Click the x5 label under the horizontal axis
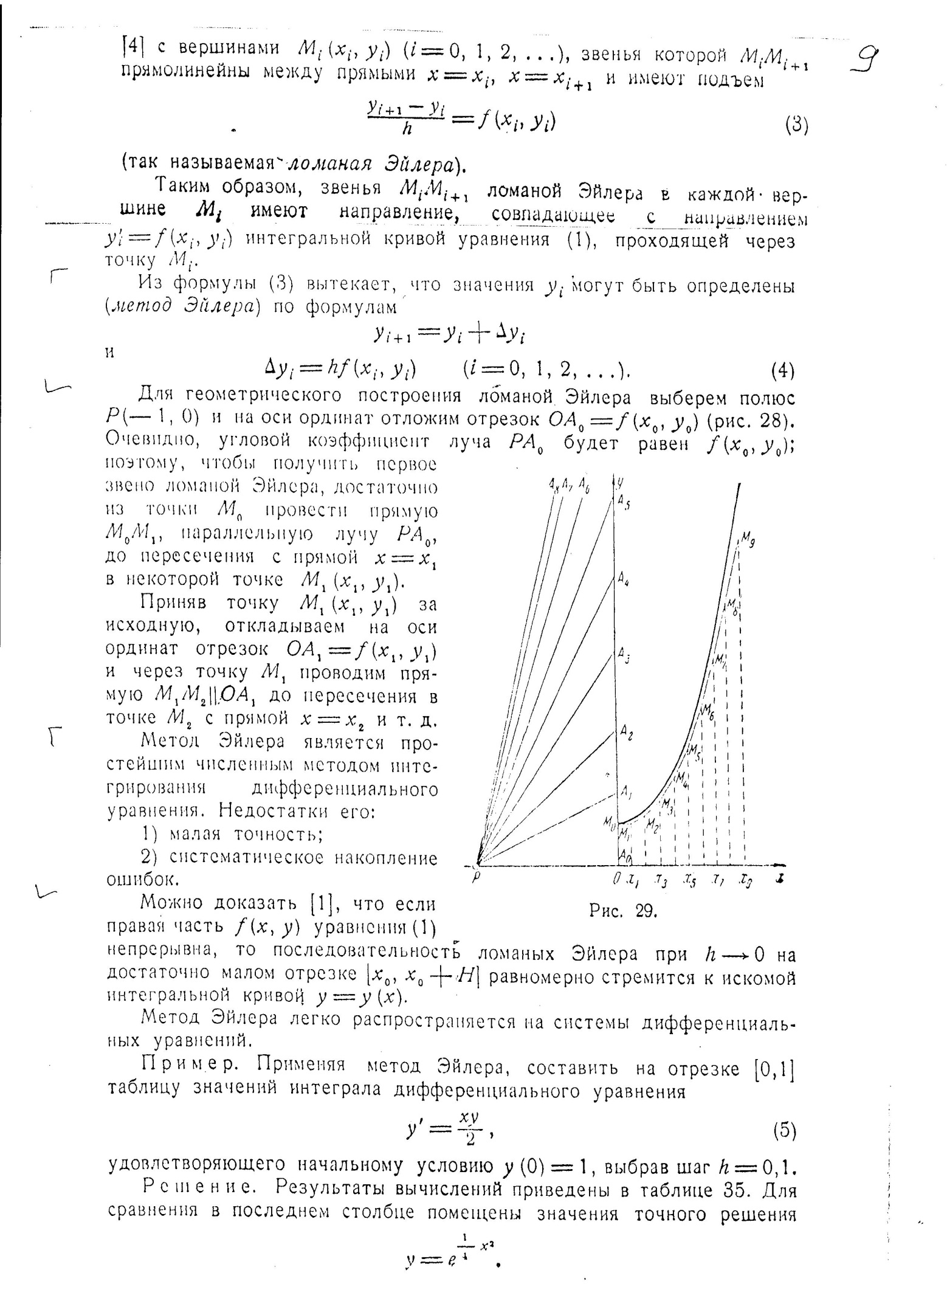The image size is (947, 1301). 690,880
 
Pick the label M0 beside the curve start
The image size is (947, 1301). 608,821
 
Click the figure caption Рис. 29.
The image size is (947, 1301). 623,911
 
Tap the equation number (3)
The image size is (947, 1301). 796,125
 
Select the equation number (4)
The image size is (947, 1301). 782,370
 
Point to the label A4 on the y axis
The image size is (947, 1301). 623,581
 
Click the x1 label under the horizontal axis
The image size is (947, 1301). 632,880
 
